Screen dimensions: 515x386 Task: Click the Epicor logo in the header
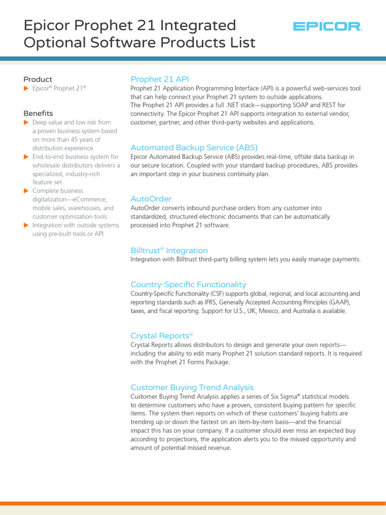(x=327, y=27)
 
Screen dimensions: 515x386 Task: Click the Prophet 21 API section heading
(x=159, y=79)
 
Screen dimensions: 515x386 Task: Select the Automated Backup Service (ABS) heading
(x=194, y=147)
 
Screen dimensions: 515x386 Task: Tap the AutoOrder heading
(x=151, y=199)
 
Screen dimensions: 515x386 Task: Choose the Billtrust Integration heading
(x=169, y=250)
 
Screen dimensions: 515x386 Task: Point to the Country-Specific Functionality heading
(x=188, y=284)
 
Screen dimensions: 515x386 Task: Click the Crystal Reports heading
(x=161, y=335)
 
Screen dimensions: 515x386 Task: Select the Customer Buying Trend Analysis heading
(x=192, y=387)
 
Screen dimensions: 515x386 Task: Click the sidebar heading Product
(x=38, y=79)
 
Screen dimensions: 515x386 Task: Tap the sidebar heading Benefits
(x=38, y=113)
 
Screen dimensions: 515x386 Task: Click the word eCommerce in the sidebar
(x=89, y=199)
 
